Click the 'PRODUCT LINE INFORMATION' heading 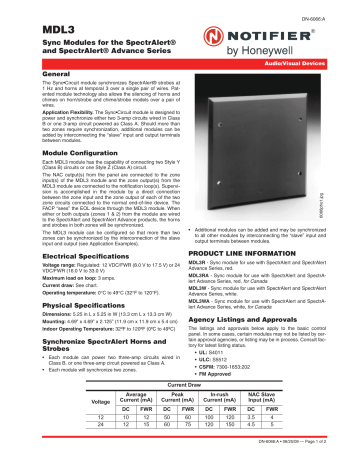pyautogui.click(x=240, y=257)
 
